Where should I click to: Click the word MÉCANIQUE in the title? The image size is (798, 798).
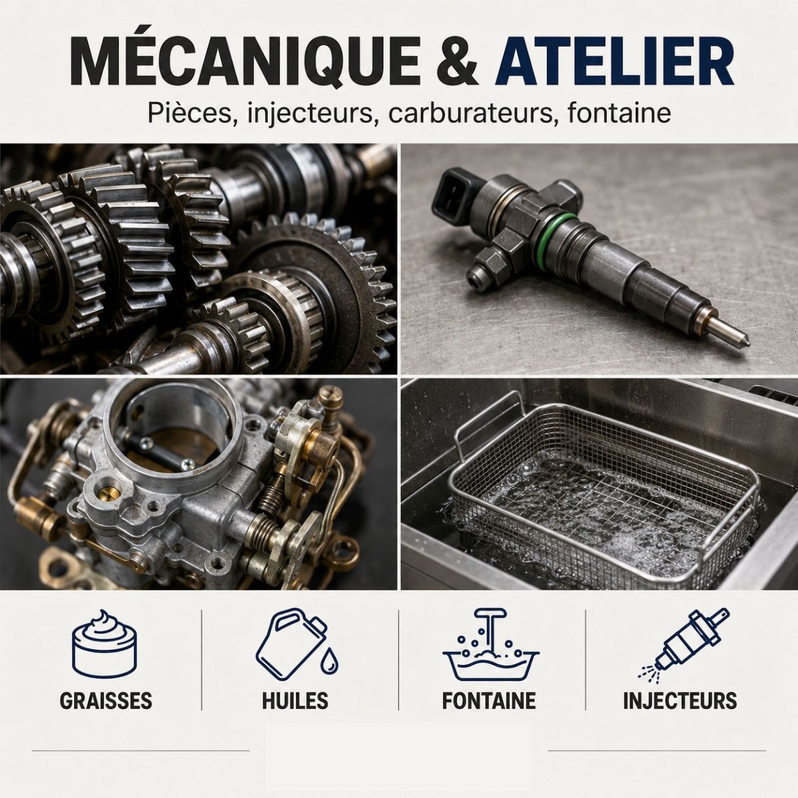(x=245, y=62)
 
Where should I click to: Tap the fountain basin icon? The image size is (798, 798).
(x=491, y=644)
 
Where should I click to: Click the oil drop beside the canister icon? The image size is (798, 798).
(x=329, y=661)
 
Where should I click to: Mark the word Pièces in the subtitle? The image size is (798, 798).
(x=189, y=114)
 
